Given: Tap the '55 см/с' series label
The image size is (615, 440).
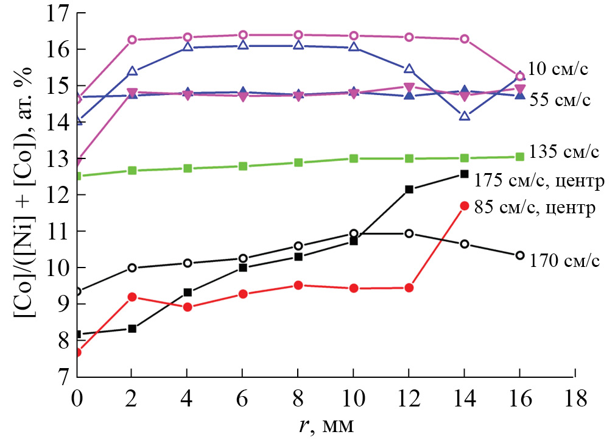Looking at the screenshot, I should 560,99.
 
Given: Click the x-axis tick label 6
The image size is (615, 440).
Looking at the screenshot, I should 243,400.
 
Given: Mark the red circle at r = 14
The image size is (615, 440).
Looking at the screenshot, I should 465,206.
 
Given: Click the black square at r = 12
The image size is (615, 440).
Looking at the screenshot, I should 409,190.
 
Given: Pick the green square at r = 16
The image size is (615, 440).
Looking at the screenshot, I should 520,157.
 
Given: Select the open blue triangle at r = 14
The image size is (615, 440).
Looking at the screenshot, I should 465,116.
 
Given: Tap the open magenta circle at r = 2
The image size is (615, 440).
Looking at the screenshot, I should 132,40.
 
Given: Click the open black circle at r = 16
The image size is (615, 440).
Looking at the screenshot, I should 520,255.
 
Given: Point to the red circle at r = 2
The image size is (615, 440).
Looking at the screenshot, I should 132,297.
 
